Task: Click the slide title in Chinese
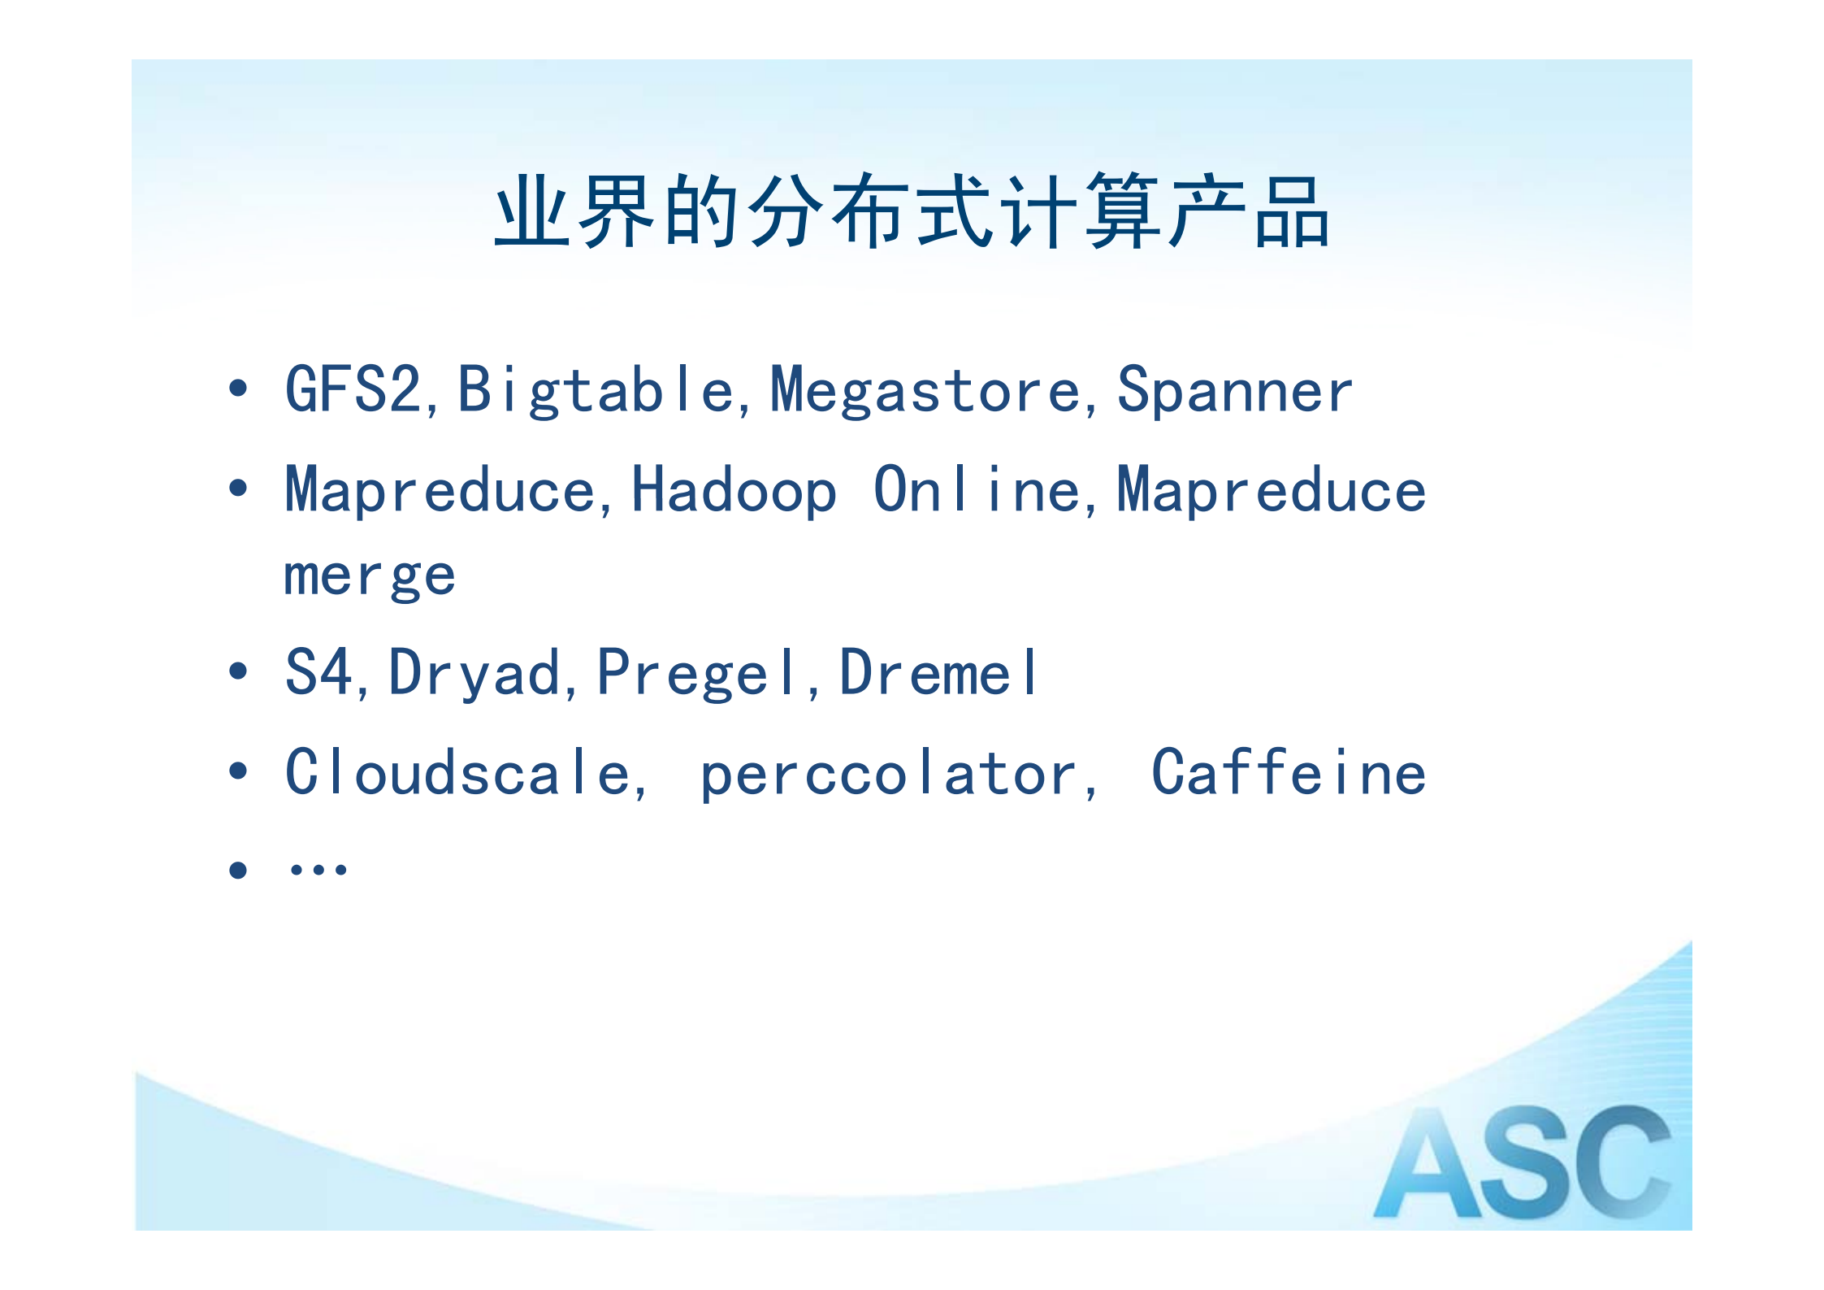coord(912,211)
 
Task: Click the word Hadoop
coord(734,490)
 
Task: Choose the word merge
coord(370,576)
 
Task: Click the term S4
coord(318,672)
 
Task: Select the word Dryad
coord(474,673)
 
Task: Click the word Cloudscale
coord(457,772)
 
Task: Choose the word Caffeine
coord(1288,772)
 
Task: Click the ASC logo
coord(1521,1163)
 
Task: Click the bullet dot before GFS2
coord(238,389)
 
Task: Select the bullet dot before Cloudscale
coord(238,771)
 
